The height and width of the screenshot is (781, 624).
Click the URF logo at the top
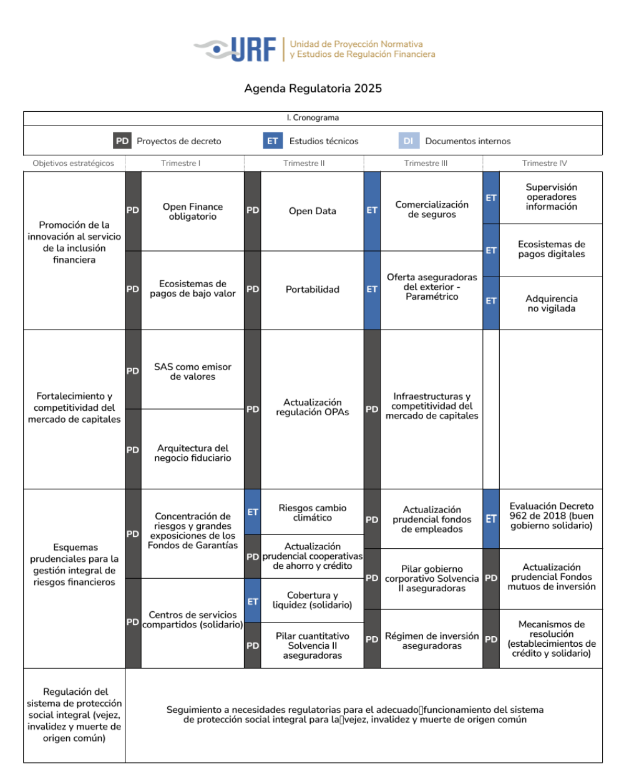click(314, 49)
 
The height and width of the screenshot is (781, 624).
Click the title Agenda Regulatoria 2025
click(313, 88)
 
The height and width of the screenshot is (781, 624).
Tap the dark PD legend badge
click(122, 141)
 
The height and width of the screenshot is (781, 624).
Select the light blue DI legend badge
click(409, 141)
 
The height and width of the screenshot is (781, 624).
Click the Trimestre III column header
click(426, 164)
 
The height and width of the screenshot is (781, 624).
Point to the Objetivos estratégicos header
click(73, 164)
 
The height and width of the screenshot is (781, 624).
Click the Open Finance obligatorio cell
click(193, 211)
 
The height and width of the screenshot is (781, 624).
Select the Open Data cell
click(313, 211)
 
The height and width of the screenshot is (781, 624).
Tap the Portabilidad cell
click(313, 290)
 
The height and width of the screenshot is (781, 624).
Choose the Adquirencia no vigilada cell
click(551, 303)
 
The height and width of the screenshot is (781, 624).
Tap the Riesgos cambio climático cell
click(313, 513)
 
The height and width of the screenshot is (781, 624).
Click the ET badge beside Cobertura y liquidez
click(253, 601)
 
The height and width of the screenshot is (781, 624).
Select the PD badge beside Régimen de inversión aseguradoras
click(372, 639)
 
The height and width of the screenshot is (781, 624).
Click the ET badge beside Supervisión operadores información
click(491, 198)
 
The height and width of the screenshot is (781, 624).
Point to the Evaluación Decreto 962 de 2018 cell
click(551, 516)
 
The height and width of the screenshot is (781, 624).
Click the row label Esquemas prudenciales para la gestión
click(74, 564)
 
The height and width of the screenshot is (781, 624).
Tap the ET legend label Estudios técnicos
click(324, 141)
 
